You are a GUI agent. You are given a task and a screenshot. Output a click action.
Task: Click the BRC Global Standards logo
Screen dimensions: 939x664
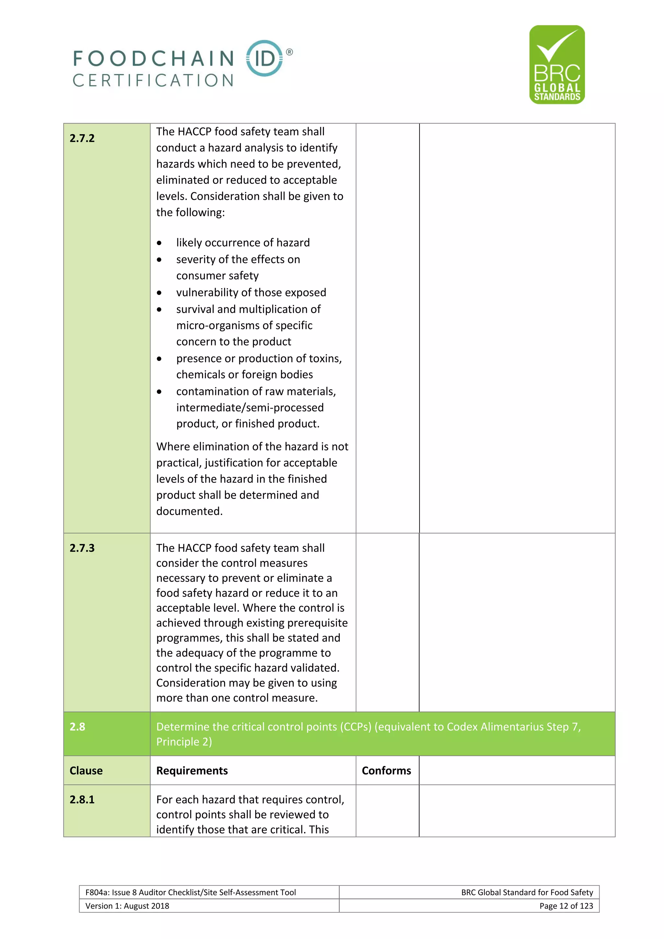557,65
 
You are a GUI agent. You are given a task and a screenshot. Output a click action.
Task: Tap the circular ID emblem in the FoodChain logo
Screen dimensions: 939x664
265,58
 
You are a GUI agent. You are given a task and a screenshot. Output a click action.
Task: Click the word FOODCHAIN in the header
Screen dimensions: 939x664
154,58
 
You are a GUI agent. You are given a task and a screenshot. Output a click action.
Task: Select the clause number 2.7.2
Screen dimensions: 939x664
82,138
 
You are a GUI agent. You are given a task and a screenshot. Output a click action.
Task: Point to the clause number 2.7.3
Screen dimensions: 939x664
82,548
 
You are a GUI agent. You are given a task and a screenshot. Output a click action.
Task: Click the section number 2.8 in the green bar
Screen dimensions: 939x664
77,727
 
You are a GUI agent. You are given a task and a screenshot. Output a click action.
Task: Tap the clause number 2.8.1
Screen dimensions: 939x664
82,800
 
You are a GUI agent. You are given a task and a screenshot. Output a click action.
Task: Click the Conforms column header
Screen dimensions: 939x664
386,770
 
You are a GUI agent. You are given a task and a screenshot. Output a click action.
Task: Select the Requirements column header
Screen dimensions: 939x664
192,770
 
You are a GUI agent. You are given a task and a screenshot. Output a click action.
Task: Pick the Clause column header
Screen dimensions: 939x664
86,770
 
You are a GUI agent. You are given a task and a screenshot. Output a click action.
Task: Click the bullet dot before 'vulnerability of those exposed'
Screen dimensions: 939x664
159,293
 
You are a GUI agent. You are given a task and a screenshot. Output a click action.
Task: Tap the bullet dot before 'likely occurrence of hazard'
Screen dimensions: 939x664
159,243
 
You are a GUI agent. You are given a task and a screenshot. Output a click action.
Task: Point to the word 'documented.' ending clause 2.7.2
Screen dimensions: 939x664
189,511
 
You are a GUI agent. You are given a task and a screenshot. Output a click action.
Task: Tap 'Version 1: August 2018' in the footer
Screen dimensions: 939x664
127,906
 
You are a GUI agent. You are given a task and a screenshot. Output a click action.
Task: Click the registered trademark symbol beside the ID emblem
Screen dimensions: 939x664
290,52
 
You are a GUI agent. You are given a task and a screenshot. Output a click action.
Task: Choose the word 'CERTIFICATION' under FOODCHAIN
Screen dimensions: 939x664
153,80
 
